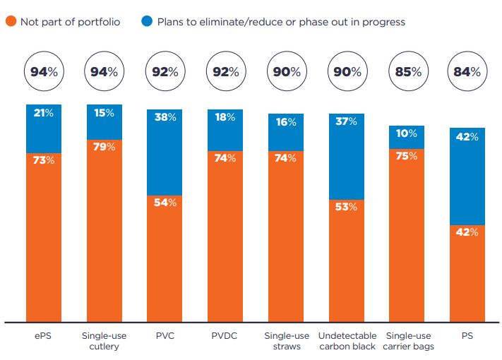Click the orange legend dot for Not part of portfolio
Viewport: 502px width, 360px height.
(x=11, y=22)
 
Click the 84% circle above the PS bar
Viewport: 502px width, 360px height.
(x=467, y=71)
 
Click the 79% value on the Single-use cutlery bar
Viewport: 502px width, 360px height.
(x=104, y=146)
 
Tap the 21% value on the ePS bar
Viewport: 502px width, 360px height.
(x=44, y=113)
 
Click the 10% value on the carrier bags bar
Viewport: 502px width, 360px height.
(x=406, y=133)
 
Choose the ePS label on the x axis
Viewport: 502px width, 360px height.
(x=44, y=336)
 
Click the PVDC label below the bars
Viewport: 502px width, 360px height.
(x=225, y=336)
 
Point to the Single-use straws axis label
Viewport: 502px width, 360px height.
(x=285, y=341)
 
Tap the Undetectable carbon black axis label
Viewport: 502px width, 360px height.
(x=346, y=341)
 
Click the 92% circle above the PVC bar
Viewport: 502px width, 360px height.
(x=165, y=71)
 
